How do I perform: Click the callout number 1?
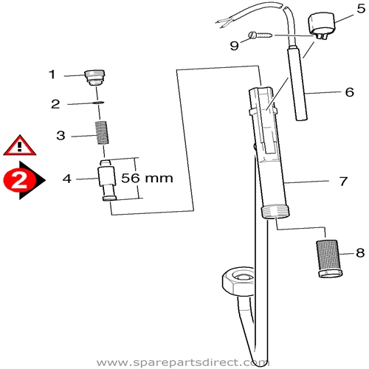coord(52,74)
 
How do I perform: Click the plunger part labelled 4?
coord(108,179)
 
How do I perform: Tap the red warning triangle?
coord(19,145)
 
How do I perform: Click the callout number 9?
coord(234,45)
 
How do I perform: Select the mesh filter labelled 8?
coord(328,258)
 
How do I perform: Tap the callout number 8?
coord(360,253)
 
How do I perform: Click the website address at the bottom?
coord(184,362)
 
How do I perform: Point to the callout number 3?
coord(62,135)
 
